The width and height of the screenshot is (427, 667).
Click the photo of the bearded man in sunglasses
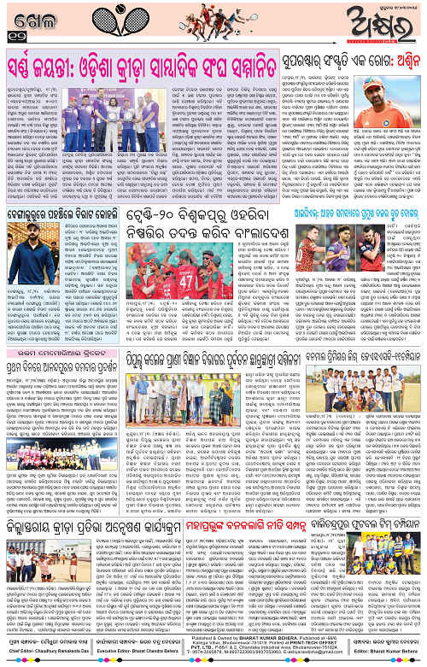(x=25, y=243)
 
